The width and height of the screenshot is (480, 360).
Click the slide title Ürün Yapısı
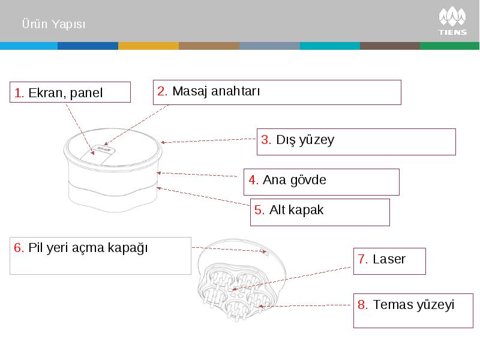click(x=53, y=24)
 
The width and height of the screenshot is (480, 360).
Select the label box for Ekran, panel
click(x=70, y=92)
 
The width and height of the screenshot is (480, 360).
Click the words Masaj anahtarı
click(x=216, y=91)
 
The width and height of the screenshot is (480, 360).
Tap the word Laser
click(x=389, y=259)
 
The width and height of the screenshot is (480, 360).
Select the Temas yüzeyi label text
click(x=413, y=305)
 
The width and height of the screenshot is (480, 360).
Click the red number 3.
click(x=266, y=140)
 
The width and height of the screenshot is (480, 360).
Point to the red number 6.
click(x=19, y=248)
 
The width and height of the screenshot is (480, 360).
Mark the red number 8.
click(x=362, y=305)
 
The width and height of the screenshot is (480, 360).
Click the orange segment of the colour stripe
click(x=148, y=46)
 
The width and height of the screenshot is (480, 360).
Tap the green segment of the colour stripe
click(x=449, y=46)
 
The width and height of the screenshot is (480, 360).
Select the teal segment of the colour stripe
click(x=330, y=46)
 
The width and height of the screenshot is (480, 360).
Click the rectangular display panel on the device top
click(x=97, y=155)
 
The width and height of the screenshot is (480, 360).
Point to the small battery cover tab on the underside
click(x=265, y=253)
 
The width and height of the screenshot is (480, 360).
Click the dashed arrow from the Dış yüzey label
click(x=208, y=140)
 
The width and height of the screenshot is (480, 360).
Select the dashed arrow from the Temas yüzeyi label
click(x=304, y=305)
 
